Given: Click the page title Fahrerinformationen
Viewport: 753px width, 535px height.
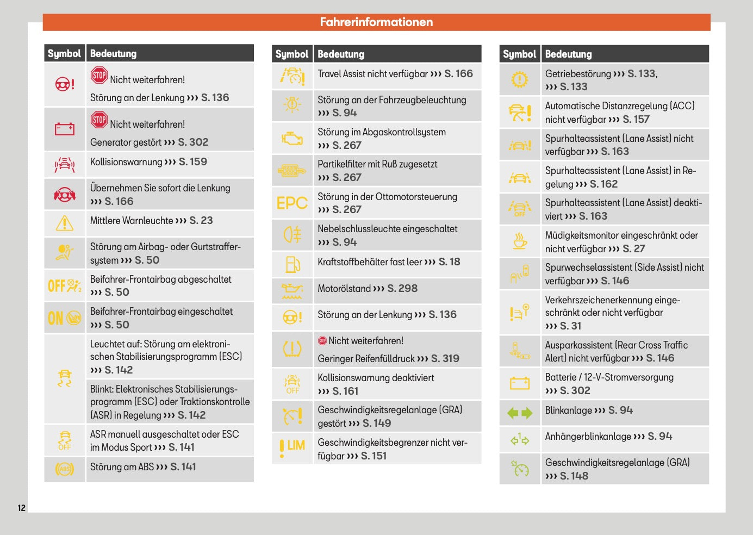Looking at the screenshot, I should [376, 22].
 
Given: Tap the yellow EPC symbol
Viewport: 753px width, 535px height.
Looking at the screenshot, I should [292, 203].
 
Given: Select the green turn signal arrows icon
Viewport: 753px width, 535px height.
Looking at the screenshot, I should [519, 413].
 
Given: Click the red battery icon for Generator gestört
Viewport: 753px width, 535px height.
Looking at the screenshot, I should [64, 129].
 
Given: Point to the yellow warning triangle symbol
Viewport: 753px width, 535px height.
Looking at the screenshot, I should [64, 223].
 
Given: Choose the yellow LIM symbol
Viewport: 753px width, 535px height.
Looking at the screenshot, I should [292, 447].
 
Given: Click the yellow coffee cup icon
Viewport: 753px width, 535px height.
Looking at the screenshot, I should [520, 241].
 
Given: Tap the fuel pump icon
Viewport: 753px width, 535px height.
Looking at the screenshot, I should [293, 265].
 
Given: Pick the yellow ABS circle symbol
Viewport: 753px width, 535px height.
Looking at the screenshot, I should [65, 469].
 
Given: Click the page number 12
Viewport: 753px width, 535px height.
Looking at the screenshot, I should [22, 508].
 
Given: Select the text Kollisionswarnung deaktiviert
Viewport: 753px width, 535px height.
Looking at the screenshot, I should [376, 378].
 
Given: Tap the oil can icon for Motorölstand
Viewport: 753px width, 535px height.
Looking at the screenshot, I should [292, 291].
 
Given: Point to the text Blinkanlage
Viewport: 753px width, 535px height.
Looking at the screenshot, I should [568, 410].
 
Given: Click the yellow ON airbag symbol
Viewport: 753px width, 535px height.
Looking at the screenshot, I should [65, 318].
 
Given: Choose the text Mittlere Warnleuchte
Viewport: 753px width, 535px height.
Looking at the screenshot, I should [132, 221].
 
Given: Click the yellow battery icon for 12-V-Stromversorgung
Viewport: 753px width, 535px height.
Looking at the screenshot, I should [520, 383].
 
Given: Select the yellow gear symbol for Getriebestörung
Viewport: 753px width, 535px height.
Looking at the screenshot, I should [520, 79].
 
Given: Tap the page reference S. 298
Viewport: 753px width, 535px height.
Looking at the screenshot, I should [402, 289].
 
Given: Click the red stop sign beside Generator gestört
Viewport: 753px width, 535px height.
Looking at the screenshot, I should [99, 120].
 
